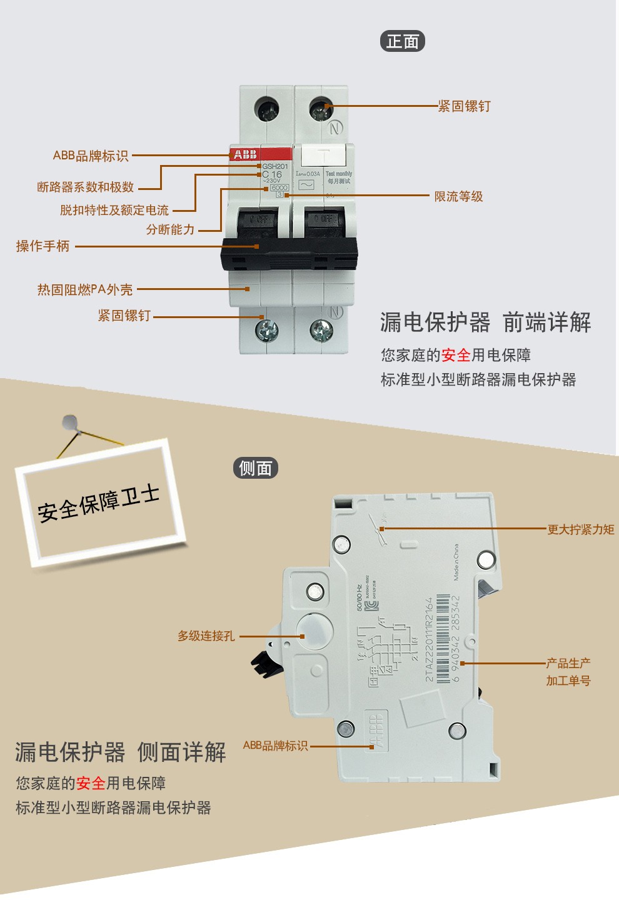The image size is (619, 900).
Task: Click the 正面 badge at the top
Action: pyautogui.click(x=402, y=41)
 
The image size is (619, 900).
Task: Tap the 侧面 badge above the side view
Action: pyautogui.click(x=255, y=467)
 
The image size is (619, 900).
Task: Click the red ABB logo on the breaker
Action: pyautogui.click(x=245, y=154)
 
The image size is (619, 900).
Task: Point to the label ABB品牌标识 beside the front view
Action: pyautogui.click(x=91, y=156)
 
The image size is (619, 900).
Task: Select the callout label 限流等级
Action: pyautogui.click(x=458, y=196)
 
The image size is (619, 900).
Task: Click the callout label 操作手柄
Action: pyautogui.click(x=43, y=246)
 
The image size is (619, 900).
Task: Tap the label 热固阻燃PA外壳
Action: pyautogui.click(x=85, y=289)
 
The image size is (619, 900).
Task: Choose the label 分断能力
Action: pyautogui.click(x=170, y=229)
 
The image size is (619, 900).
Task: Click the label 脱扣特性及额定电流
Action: pyautogui.click(x=114, y=210)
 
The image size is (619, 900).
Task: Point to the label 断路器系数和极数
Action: pyautogui.click(x=86, y=187)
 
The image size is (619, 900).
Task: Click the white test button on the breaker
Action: pyautogui.click(x=323, y=155)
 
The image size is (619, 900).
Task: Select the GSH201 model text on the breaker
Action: pyautogui.click(x=275, y=166)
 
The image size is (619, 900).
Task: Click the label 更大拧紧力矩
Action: pyautogui.click(x=580, y=529)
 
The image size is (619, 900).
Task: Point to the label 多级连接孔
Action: pyautogui.click(x=206, y=636)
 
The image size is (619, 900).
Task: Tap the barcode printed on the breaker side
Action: pyautogui.click(x=443, y=637)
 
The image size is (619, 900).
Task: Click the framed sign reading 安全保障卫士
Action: pyautogui.click(x=99, y=502)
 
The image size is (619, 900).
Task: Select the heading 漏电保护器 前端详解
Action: pyautogui.click(x=485, y=322)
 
